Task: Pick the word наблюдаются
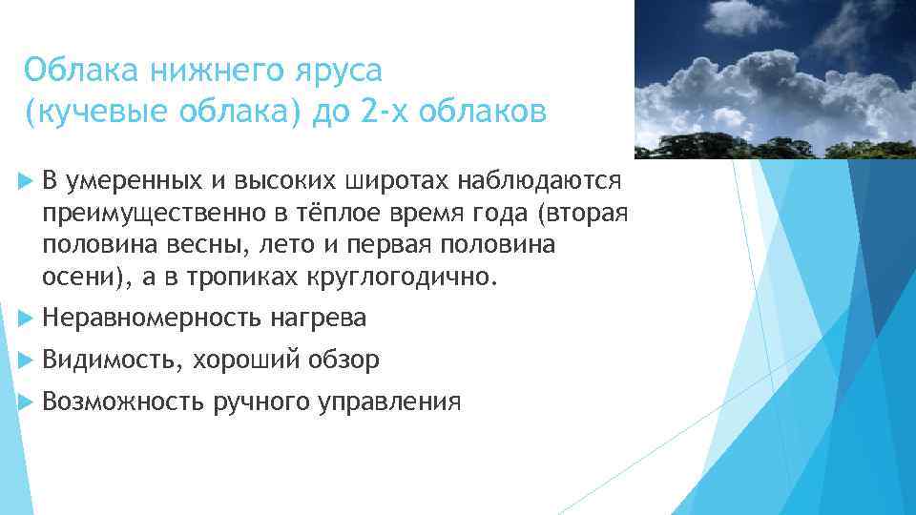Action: point(540,181)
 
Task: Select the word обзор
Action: point(344,360)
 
